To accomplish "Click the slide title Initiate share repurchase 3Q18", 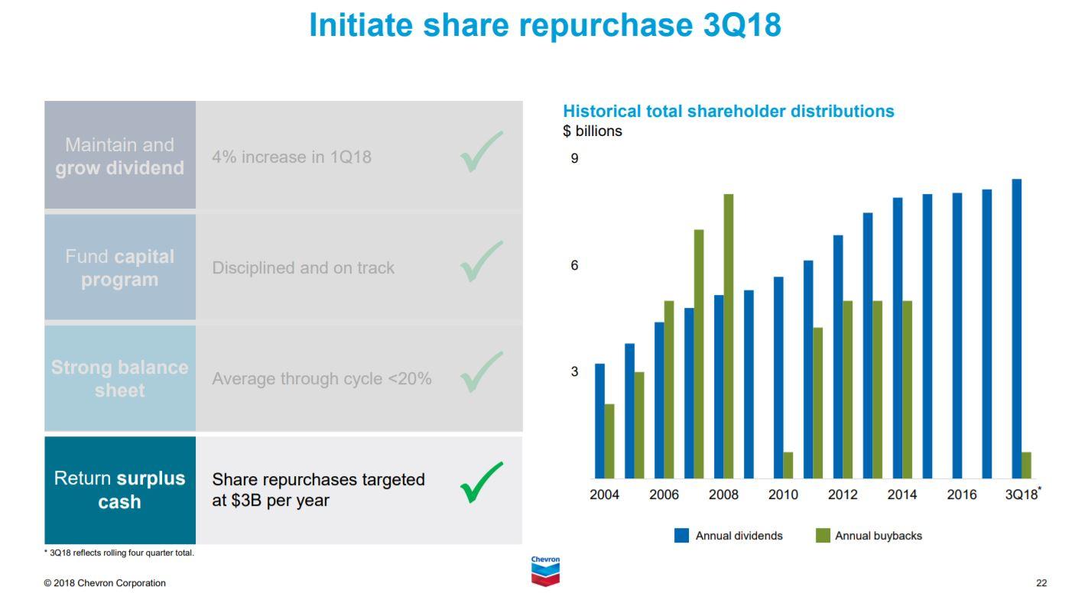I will pyautogui.click(x=545, y=25).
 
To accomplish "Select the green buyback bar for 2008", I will pyautogui.click(x=729, y=336).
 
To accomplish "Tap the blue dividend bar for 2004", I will pyautogui.click(x=599, y=420).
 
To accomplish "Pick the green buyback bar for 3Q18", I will pyautogui.click(x=1026, y=465).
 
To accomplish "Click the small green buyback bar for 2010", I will pyautogui.click(x=788, y=465).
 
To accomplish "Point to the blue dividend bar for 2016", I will pyautogui.click(x=957, y=335).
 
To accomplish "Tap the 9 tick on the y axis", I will pyautogui.click(x=574, y=159).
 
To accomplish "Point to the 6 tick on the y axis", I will pyautogui.click(x=574, y=265).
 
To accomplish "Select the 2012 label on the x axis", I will pyautogui.click(x=843, y=495).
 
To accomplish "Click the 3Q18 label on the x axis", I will pyautogui.click(x=1022, y=495).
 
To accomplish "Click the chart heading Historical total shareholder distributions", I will pyautogui.click(x=728, y=112).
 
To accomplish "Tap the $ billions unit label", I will pyautogui.click(x=593, y=131).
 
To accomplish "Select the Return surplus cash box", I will pyautogui.click(x=120, y=490).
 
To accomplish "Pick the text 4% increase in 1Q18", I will pyautogui.click(x=291, y=157).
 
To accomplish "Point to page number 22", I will pyautogui.click(x=1041, y=583).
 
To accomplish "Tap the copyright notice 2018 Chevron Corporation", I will pyautogui.click(x=105, y=583).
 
